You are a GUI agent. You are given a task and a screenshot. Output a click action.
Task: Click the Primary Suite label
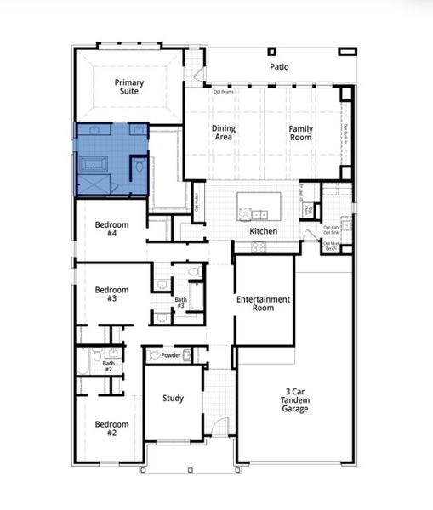[x=130, y=87]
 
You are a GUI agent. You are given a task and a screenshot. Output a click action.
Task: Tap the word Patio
[x=279, y=65]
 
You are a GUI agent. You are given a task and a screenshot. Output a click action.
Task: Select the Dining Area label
[x=223, y=133]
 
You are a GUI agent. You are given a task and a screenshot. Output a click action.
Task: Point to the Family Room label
[x=300, y=133]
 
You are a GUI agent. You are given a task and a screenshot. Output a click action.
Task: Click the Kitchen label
[x=263, y=230]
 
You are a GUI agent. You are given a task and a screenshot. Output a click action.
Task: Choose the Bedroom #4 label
[x=111, y=229]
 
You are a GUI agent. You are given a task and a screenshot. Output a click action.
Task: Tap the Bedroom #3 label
[x=111, y=294]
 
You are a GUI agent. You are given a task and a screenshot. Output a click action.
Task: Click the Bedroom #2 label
[x=111, y=428]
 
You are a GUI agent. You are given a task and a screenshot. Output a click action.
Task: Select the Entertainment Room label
[x=263, y=303]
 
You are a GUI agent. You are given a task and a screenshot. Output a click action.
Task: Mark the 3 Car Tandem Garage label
[x=295, y=400]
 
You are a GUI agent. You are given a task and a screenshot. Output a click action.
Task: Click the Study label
[x=174, y=398]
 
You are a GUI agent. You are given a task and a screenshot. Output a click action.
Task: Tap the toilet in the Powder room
[x=188, y=354]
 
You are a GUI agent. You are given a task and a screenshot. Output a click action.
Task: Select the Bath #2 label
[x=109, y=366]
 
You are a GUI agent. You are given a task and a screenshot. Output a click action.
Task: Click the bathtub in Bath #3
[x=194, y=299]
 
